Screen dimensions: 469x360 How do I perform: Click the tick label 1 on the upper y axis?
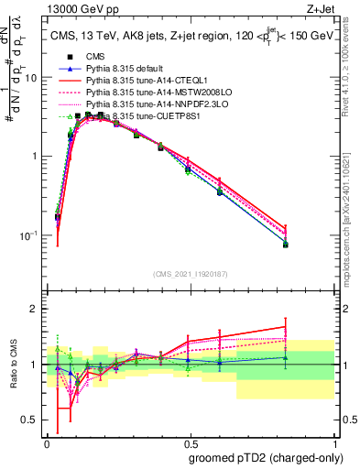click(x=34, y=157)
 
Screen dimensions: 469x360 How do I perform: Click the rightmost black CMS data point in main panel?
click(x=311, y=245)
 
